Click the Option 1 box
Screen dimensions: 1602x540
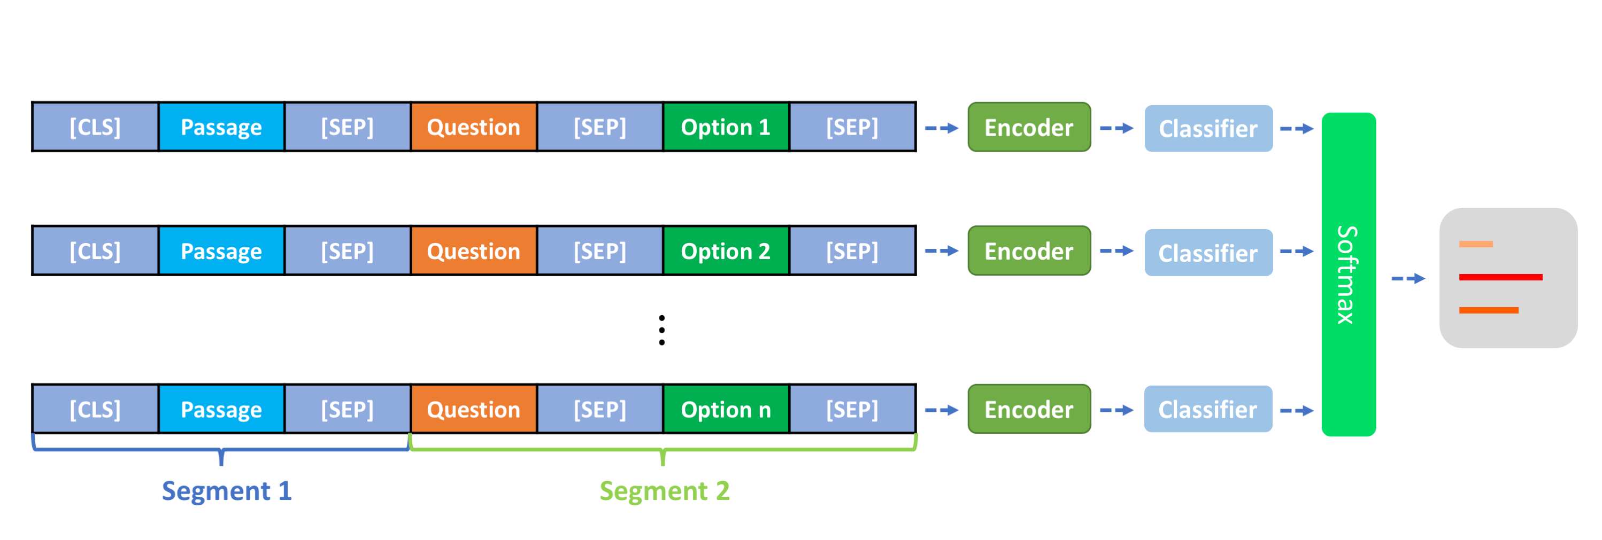(x=726, y=127)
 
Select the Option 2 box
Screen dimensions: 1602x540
(x=726, y=251)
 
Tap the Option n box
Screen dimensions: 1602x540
(x=726, y=409)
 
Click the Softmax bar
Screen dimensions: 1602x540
(x=1348, y=274)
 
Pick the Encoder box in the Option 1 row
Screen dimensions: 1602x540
(x=1029, y=127)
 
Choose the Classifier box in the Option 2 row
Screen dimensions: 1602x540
(x=1208, y=252)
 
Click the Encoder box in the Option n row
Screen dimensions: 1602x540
(x=1029, y=409)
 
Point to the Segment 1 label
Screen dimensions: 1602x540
(x=226, y=491)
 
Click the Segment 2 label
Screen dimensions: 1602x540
(x=664, y=491)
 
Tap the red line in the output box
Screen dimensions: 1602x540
(x=1500, y=277)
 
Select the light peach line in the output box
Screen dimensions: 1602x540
(x=1476, y=244)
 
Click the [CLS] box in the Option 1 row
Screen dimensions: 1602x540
(x=95, y=127)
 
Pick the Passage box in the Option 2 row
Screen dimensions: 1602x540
(x=221, y=251)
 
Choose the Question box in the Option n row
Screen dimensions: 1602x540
(x=473, y=409)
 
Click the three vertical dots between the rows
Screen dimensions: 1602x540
(x=661, y=330)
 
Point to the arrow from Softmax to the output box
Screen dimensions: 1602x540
(x=1408, y=278)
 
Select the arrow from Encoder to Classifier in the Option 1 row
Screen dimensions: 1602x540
(x=1116, y=129)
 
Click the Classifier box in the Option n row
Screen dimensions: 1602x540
(x=1208, y=409)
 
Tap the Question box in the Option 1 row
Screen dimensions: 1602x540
(x=473, y=127)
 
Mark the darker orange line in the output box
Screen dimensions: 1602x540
(x=1489, y=310)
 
